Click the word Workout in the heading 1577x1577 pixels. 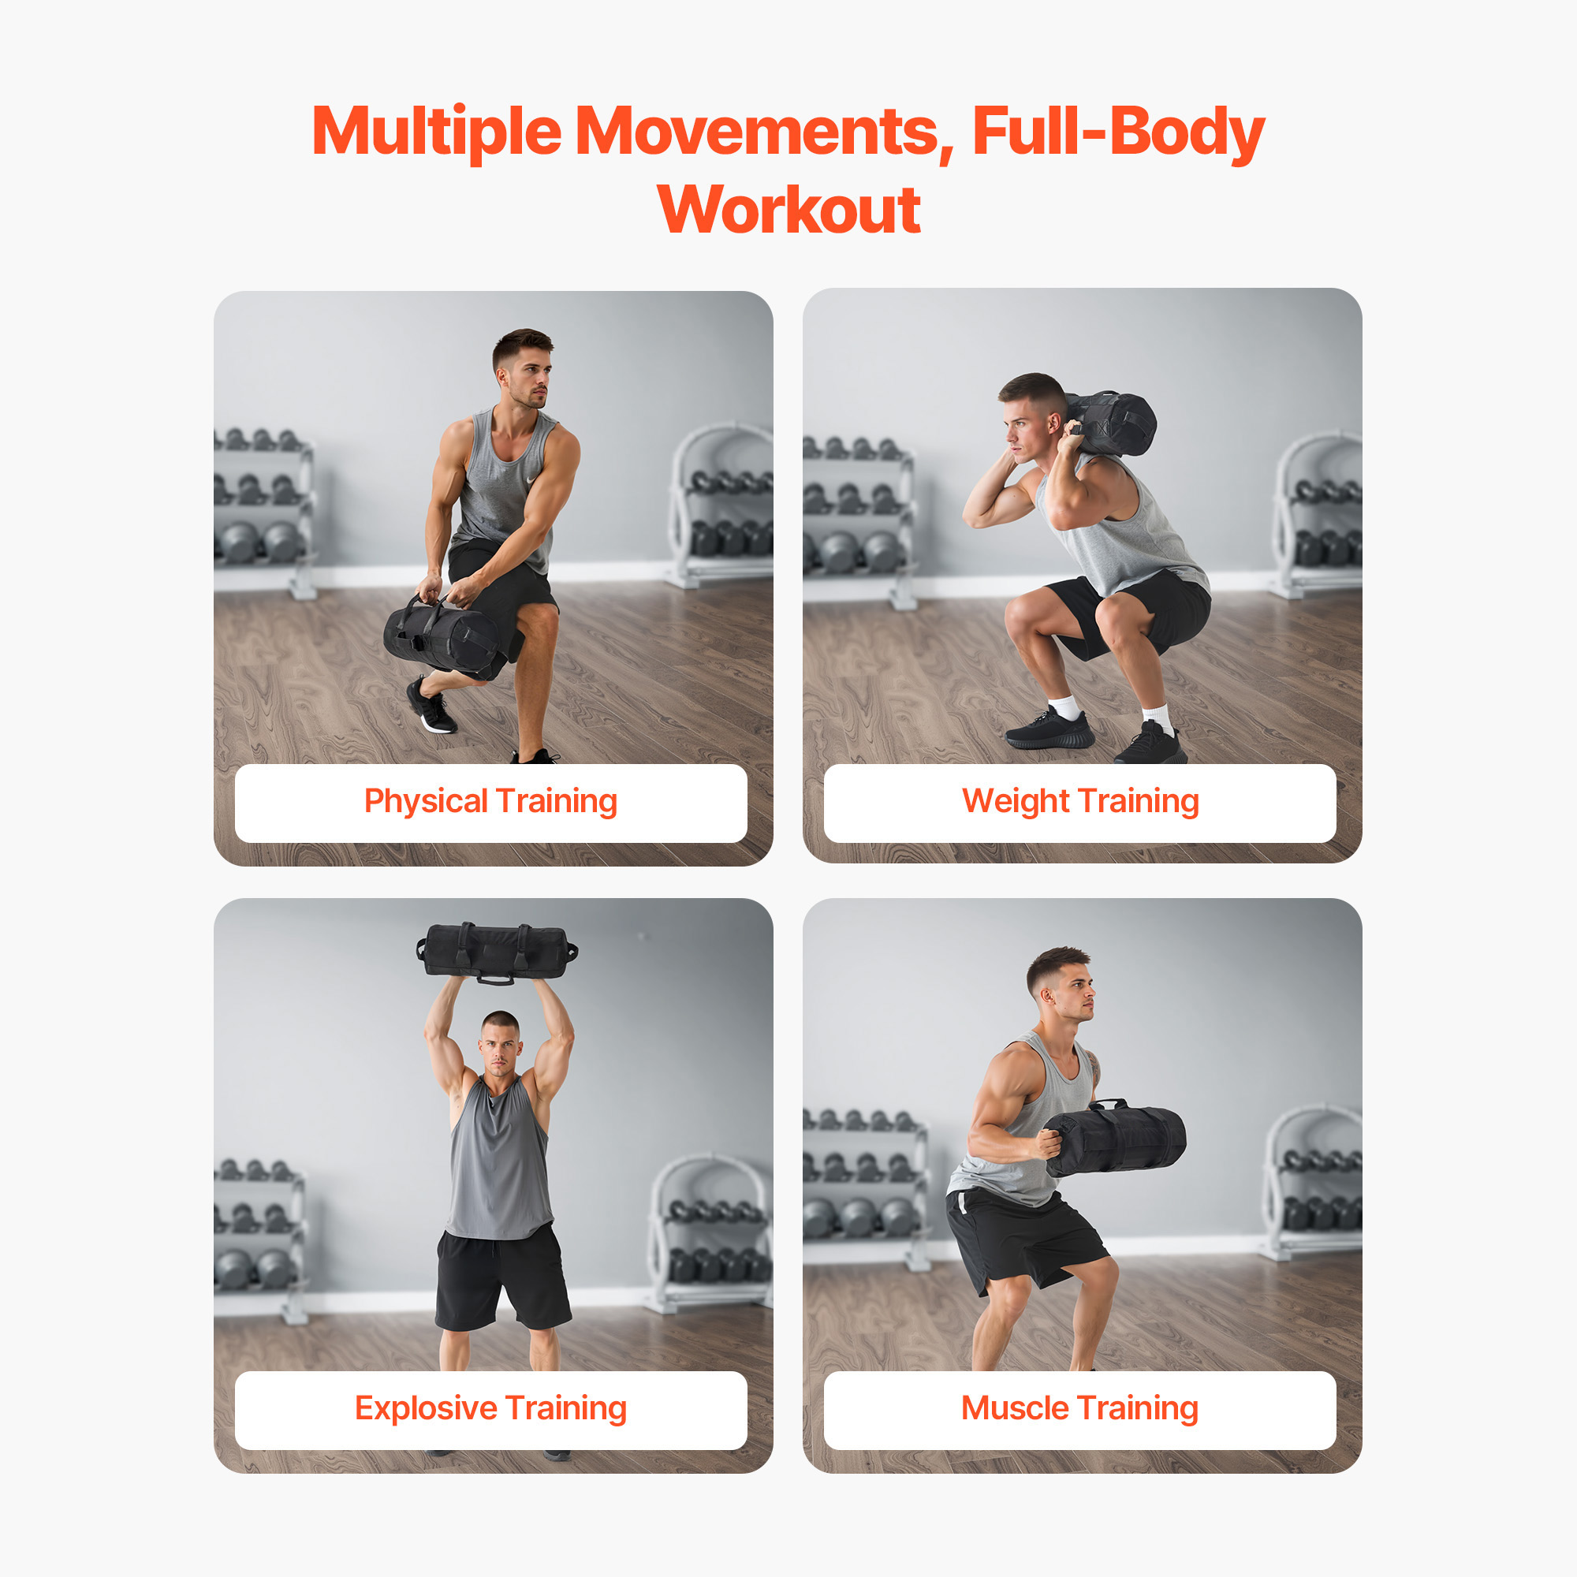(x=788, y=210)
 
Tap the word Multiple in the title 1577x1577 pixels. (x=437, y=132)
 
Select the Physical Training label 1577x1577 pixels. (x=490, y=803)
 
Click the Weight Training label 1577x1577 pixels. (x=1080, y=803)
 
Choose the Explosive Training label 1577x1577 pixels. (x=490, y=1410)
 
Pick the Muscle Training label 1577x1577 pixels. (x=1080, y=1410)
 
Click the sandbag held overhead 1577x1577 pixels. (x=496, y=952)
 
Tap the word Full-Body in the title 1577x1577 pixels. (x=1117, y=132)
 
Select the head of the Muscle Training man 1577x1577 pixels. (x=1060, y=983)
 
